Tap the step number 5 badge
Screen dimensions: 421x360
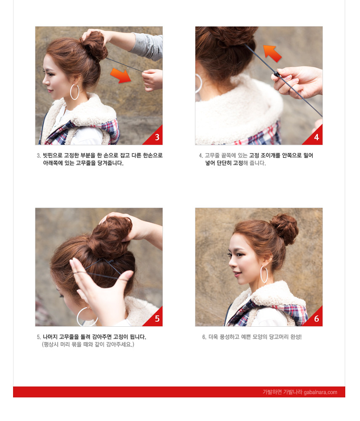[157, 319]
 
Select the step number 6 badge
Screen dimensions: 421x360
[316, 319]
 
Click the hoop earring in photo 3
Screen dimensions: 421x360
[75, 92]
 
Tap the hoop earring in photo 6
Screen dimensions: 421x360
[264, 274]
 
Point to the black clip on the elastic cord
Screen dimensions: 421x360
[277, 75]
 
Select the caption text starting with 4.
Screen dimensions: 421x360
[257, 159]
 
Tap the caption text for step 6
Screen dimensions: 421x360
[252, 337]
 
